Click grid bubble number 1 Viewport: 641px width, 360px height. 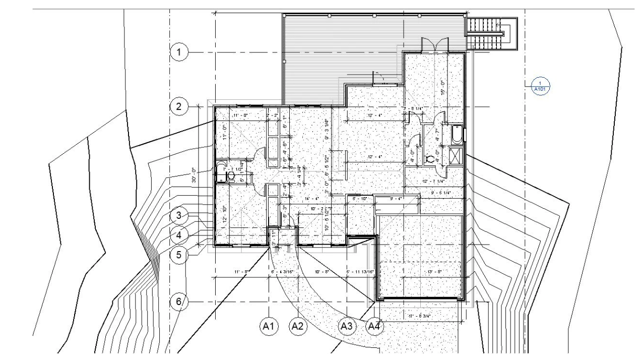179,51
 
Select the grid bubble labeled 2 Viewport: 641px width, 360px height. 179,106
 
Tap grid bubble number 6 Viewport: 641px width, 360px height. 178,302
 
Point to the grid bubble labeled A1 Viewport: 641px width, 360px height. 269,327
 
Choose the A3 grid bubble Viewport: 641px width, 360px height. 346,327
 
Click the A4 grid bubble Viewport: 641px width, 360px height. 374,327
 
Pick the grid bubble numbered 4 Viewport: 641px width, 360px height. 178,235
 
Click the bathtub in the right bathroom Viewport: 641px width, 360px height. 457,135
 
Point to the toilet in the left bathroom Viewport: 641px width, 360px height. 231,175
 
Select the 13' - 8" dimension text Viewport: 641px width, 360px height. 420,273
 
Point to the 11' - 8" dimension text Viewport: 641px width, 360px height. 242,273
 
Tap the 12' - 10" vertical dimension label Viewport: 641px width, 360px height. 225,215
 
